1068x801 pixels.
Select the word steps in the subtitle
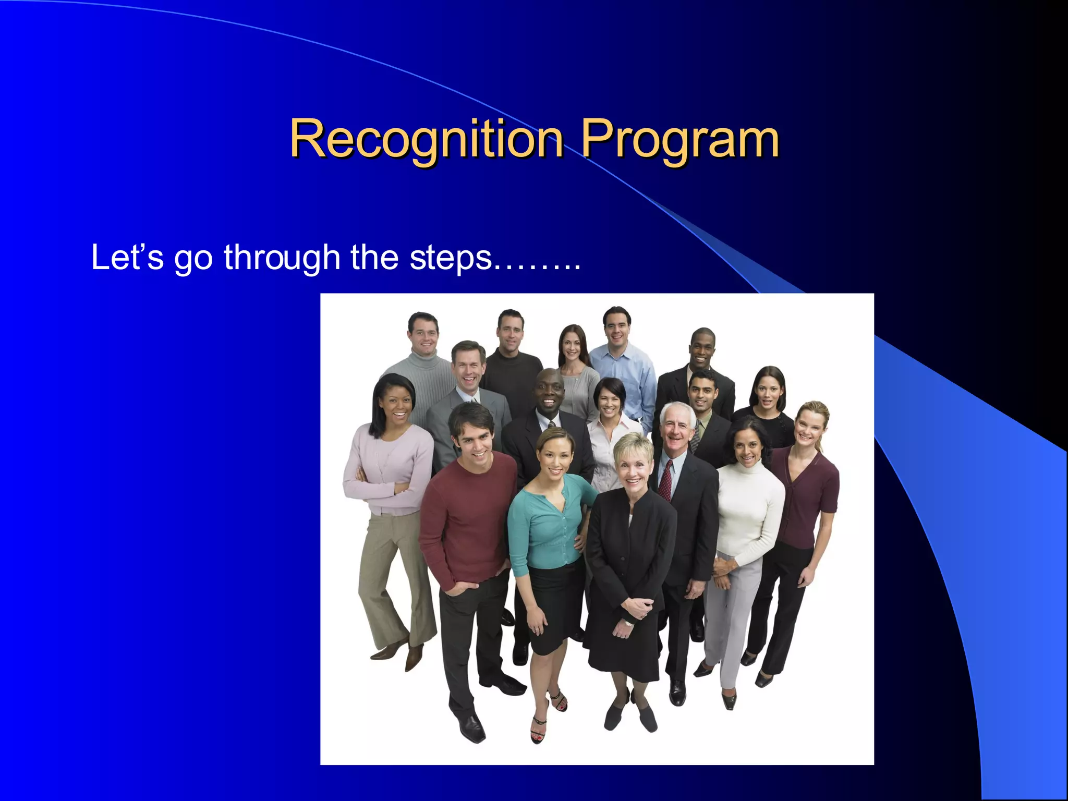(x=451, y=258)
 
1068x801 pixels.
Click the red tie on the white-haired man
(x=666, y=480)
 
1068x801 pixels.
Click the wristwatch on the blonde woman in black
(x=629, y=623)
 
